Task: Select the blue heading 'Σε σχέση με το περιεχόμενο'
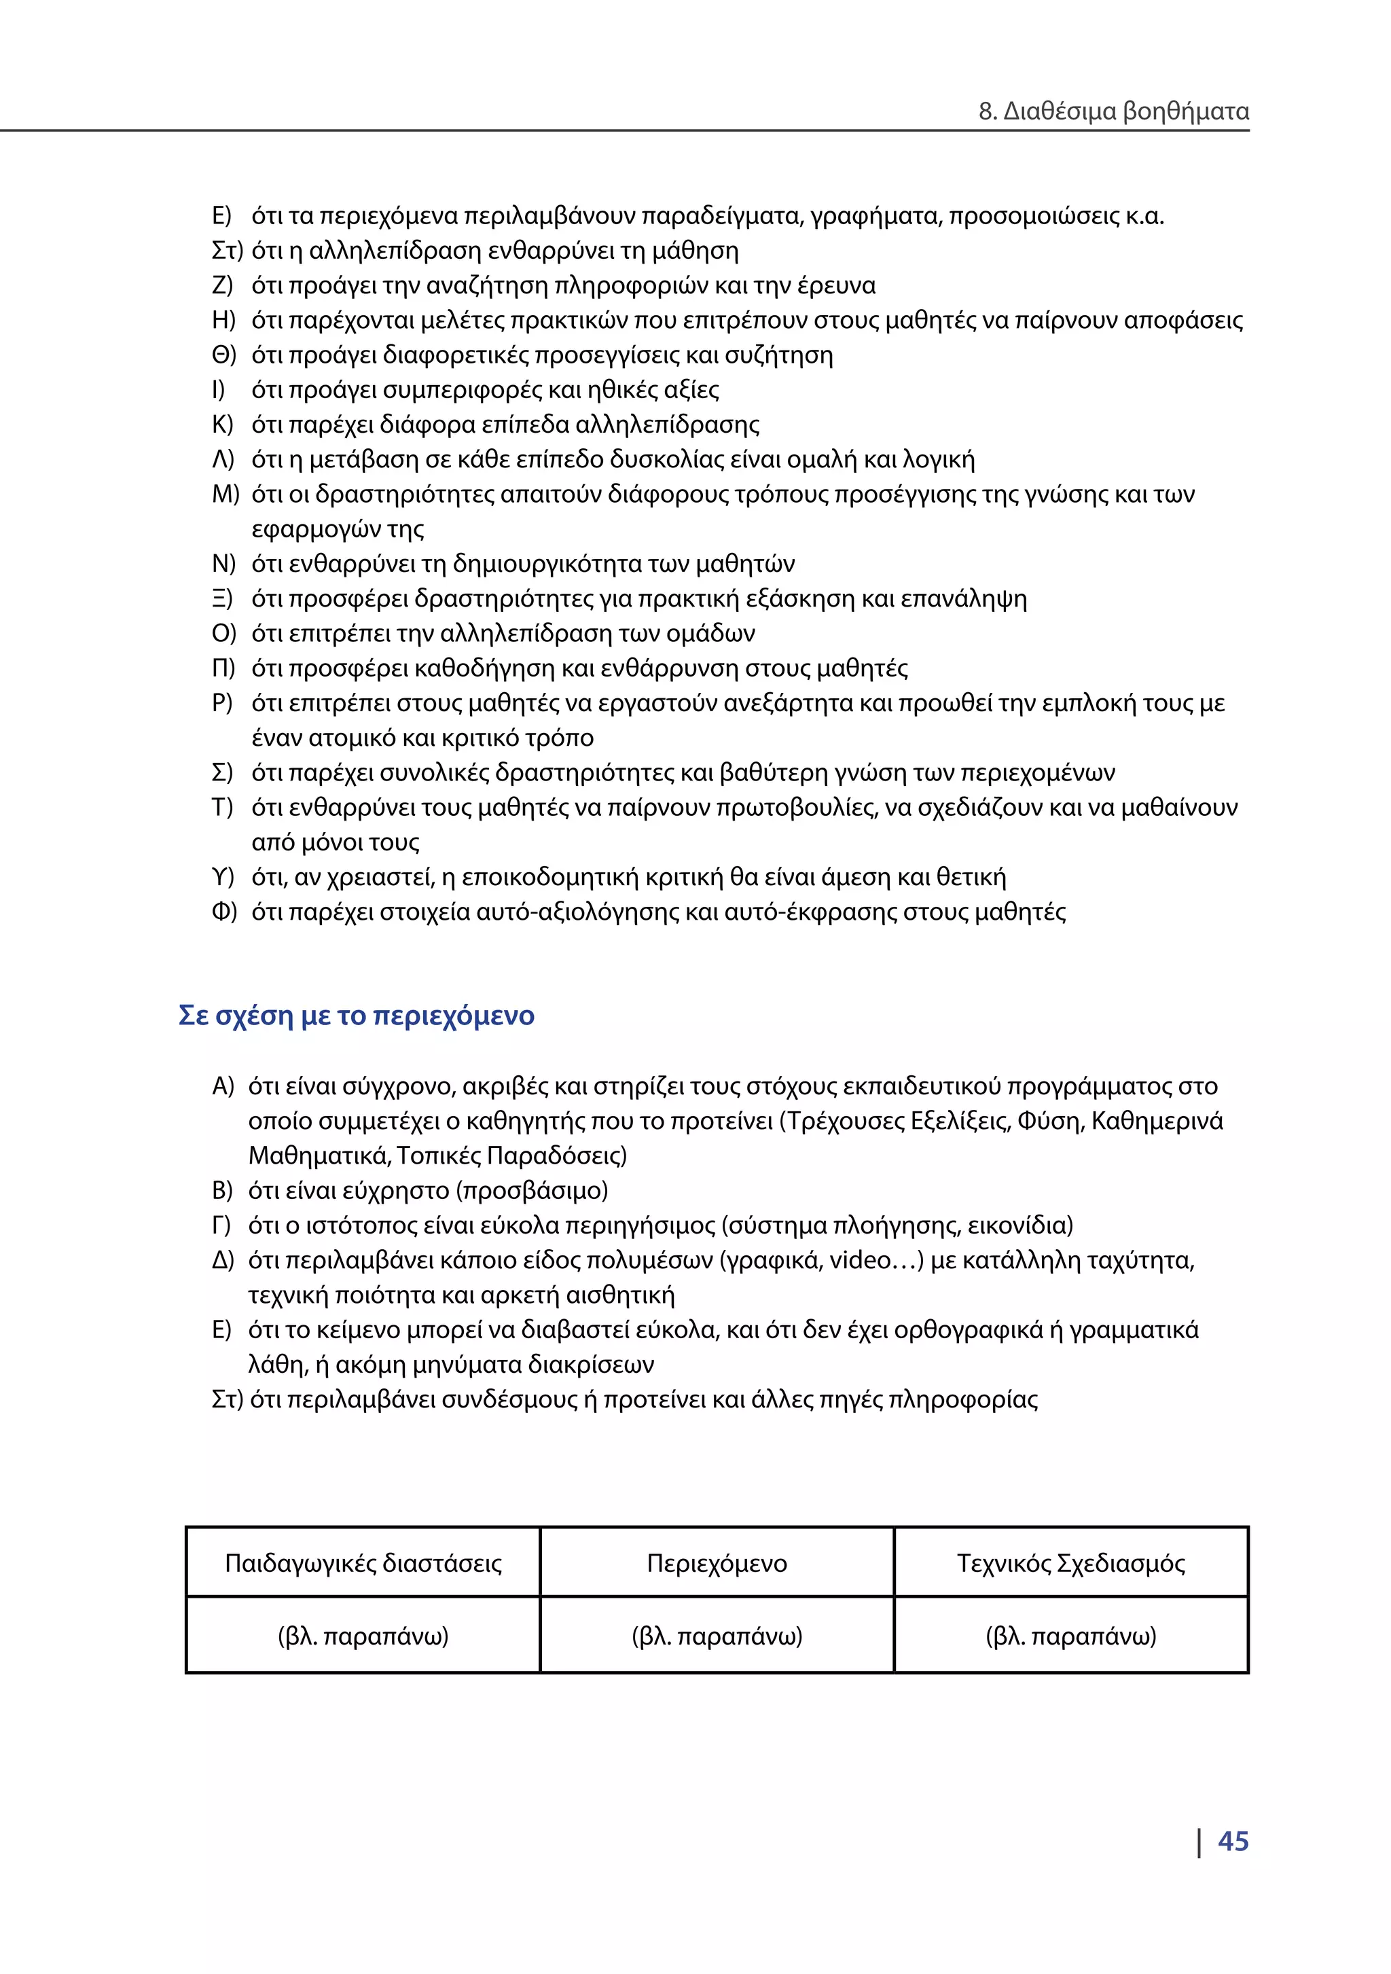pyautogui.click(x=356, y=1016)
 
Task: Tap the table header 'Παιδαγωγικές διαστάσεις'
pyautogui.click(x=363, y=1562)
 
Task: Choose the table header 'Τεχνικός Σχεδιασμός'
pyautogui.click(x=1070, y=1562)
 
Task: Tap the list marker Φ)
pyautogui.click(x=223, y=912)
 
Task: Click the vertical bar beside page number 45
pyautogui.click(x=1199, y=1842)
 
